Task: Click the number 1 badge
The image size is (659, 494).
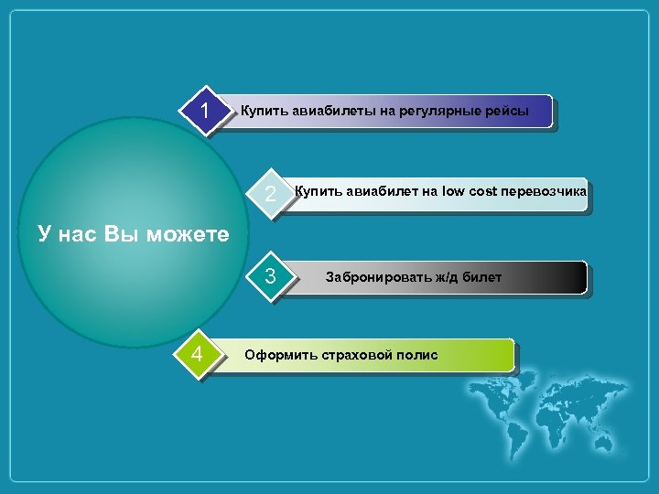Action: (x=207, y=112)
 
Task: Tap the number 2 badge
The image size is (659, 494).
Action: (x=270, y=195)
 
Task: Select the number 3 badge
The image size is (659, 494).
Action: (x=270, y=275)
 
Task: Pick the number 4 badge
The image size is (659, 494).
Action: (x=198, y=353)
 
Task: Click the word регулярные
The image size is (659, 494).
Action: (x=434, y=112)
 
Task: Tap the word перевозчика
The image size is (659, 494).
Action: (x=545, y=191)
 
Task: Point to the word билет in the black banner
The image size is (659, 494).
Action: (x=482, y=277)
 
